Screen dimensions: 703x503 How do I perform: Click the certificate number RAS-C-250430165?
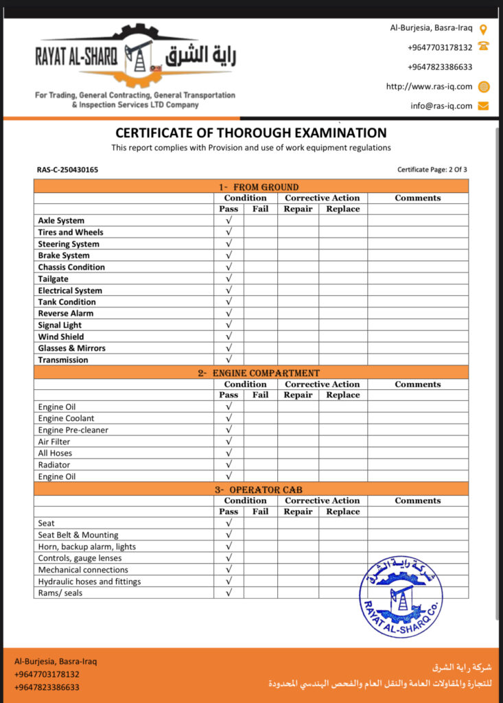pyautogui.click(x=67, y=170)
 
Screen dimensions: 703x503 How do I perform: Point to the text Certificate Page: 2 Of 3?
pyautogui.click(x=432, y=170)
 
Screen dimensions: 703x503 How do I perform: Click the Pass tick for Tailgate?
pyautogui.click(x=229, y=279)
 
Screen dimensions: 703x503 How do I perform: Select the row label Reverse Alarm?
pyautogui.click(x=66, y=314)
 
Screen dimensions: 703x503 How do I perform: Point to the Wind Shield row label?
pyautogui.click(x=61, y=337)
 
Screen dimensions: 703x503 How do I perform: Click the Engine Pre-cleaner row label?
pyautogui.click(x=73, y=430)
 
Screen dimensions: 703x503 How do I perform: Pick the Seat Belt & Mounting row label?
pyautogui.click(x=78, y=535)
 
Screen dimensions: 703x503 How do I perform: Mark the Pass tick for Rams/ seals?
pyautogui.click(x=229, y=592)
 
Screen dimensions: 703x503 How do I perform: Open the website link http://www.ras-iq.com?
pyautogui.click(x=429, y=87)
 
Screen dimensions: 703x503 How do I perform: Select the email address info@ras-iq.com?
pyautogui.click(x=441, y=106)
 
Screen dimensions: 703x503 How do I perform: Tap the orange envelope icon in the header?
pyautogui.click(x=483, y=106)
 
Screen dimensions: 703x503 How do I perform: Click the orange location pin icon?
pyautogui.click(x=483, y=30)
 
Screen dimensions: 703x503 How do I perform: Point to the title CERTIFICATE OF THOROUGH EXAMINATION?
pyautogui.click(x=250, y=133)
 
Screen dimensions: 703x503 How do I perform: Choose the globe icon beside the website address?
pyautogui.click(x=483, y=87)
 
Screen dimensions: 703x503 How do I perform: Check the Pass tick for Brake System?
pyautogui.click(x=229, y=255)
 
